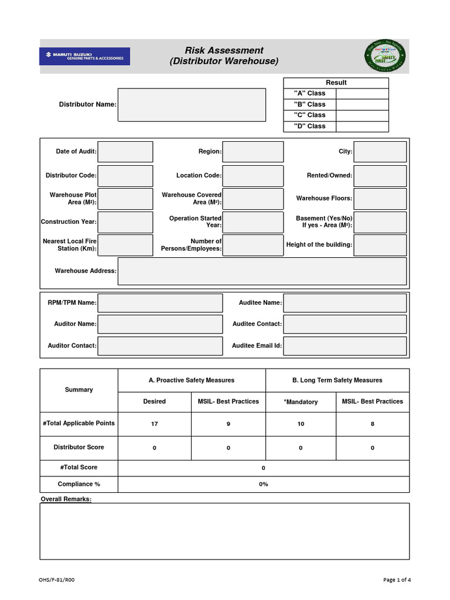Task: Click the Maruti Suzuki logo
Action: tap(84, 57)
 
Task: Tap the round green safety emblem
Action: tap(385, 56)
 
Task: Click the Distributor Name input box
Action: tap(192, 105)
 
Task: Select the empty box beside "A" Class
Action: tap(362, 93)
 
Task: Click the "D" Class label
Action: tap(309, 126)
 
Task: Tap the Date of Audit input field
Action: tap(125, 152)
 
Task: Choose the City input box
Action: tap(380, 152)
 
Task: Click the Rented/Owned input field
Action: tap(380, 176)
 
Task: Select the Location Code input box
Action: tap(253, 176)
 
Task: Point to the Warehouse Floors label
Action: tap(324, 199)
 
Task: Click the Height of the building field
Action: tap(380, 245)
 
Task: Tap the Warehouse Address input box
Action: tap(262, 271)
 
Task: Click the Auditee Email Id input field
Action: tap(345, 346)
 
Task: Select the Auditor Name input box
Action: tap(160, 324)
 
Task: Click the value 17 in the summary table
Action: tap(155, 424)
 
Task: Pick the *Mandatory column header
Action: tap(301, 402)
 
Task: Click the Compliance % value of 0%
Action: tap(264, 484)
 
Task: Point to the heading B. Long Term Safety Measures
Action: tap(337, 380)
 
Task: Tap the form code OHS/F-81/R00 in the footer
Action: tap(57, 580)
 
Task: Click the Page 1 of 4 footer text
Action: tap(397, 580)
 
